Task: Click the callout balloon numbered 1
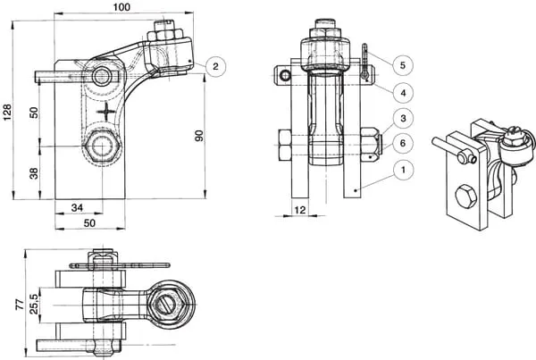click(x=403, y=170)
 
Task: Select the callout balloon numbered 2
click(x=215, y=66)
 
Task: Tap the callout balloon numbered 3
click(x=403, y=118)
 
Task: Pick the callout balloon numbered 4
click(x=403, y=92)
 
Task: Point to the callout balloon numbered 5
click(x=403, y=65)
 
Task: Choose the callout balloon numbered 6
click(x=403, y=143)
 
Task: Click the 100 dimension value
click(x=121, y=7)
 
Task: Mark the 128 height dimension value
click(x=7, y=112)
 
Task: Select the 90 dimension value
click(x=199, y=136)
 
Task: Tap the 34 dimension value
click(x=77, y=207)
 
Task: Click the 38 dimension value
click(x=34, y=173)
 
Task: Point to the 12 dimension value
click(x=300, y=210)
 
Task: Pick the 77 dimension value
click(x=21, y=304)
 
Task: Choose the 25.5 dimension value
click(x=34, y=306)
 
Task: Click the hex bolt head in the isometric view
click(x=465, y=197)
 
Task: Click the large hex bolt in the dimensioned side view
click(x=102, y=147)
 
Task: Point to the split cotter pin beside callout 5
click(x=365, y=62)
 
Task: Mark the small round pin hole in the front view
click(x=284, y=75)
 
